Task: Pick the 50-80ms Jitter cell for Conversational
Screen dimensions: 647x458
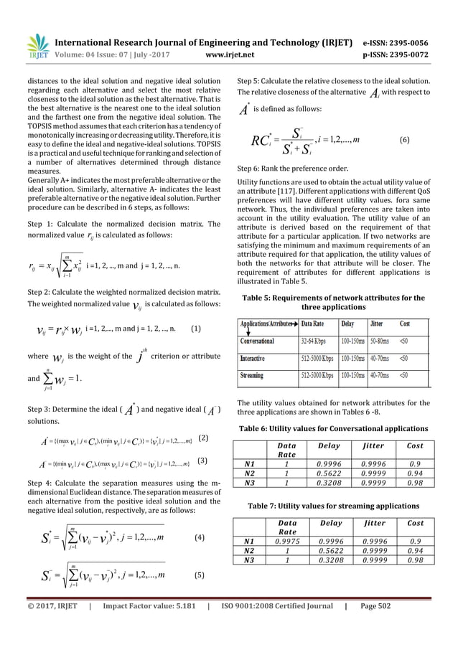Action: tap(385, 336)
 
